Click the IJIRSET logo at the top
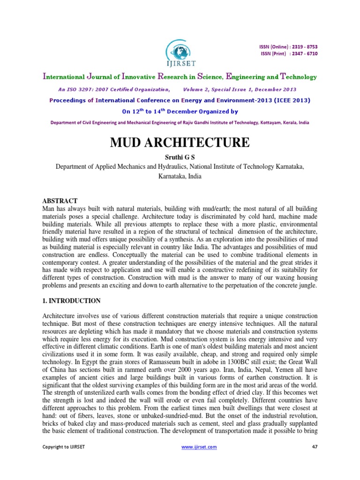tap(180, 52)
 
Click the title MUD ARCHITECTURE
tap(180, 142)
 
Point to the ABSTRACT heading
tap(60, 201)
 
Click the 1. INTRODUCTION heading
tap(71, 300)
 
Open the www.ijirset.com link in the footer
tap(199, 447)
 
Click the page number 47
tap(315, 447)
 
